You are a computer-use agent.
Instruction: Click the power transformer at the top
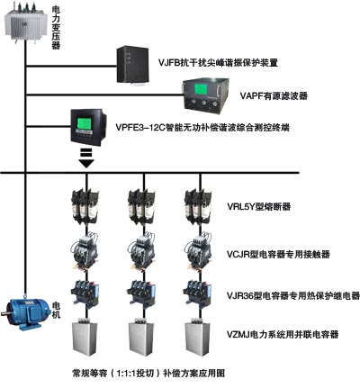click(x=26, y=23)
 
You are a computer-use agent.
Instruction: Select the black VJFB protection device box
click(x=132, y=66)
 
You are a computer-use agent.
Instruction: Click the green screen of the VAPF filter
click(x=201, y=90)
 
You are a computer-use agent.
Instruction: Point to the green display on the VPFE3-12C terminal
click(x=85, y=123)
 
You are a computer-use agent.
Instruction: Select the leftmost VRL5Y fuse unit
click(x=85, y=206)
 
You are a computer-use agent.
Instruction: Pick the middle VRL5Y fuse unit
click(x=141, y=206)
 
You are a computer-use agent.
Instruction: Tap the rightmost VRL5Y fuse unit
click(x=198, y=206)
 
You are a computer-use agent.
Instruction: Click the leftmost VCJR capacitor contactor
click(x=85, y=250)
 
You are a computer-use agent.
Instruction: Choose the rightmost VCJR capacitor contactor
click(x=198, y=250)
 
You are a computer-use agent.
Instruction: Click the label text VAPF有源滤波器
click(x=274, y=95)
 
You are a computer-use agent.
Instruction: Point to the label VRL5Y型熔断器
click(x=258, y=206)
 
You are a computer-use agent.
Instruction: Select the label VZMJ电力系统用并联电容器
click(x=283, y=334)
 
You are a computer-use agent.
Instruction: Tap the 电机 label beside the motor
click(x=56, y=310)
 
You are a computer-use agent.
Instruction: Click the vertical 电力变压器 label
click(x=56, y=28)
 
